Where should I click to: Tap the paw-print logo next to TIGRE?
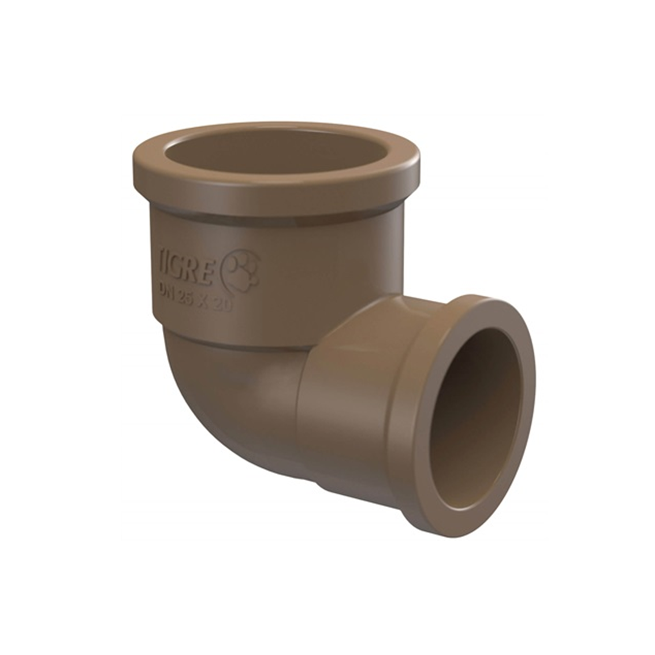(x=242, y=269)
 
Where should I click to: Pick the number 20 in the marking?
(x=224, y=305)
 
